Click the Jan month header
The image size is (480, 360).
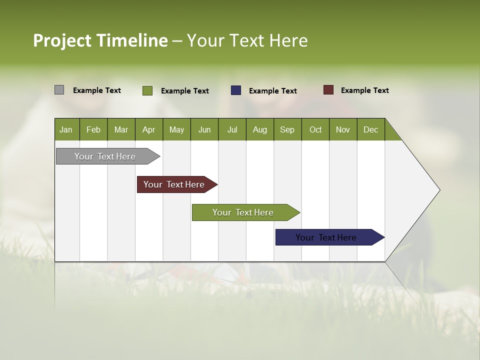(66, 129)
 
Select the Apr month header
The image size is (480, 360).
(148, 129)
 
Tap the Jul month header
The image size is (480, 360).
(232, 129)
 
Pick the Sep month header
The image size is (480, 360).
(287, 129)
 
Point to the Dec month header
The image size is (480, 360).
(370, 129)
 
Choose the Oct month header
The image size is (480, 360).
(315, 129)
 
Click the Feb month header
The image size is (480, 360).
(93, 129)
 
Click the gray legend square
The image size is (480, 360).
(59, 90)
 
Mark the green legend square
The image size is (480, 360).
(147, 90)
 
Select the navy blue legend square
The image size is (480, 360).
(236, 90)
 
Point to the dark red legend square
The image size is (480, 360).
(328, 90)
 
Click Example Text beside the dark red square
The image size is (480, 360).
(364, 90)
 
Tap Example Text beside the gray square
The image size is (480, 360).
(97, 90)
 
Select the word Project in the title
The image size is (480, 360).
(62, 40)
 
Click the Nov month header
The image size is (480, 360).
(342, 129)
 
